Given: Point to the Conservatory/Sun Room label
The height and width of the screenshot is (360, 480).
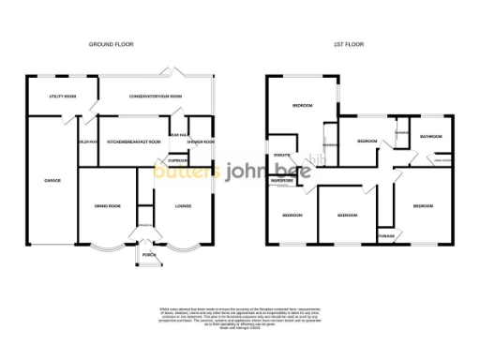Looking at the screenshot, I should [x=156, y=97].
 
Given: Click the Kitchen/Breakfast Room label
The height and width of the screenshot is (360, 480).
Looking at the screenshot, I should [x=134, y=142].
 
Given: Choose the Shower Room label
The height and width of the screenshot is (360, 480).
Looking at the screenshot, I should [x=201, y=142].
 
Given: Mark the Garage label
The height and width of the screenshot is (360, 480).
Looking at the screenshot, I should [x=52, y=180].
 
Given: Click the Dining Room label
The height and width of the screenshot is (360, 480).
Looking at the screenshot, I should [x=108, y=206].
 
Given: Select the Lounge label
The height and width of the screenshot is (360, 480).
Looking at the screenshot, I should [x=184, y=206].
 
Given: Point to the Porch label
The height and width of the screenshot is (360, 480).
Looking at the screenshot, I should [x=147, y=254].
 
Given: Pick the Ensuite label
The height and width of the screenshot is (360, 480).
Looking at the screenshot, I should [x=279, y=154].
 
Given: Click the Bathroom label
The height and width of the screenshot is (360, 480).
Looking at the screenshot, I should [x=431, y=138].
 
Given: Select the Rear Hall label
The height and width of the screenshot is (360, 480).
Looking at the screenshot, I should [x=177, y=134].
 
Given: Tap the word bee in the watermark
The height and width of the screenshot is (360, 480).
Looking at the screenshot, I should [x=283, y=172].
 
